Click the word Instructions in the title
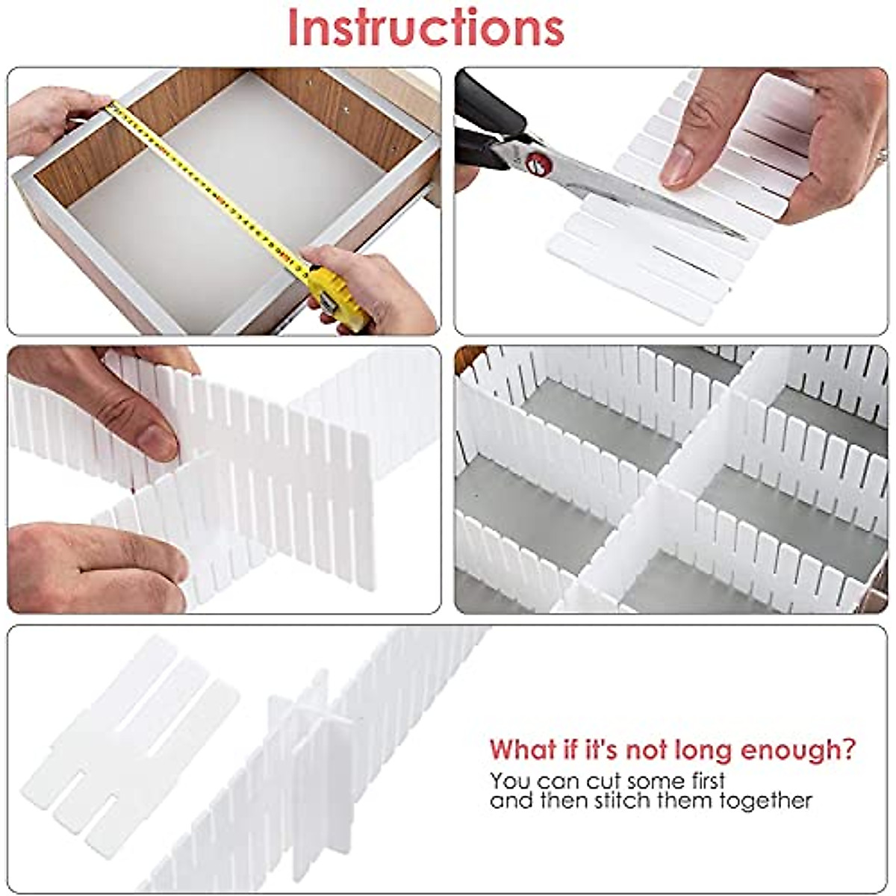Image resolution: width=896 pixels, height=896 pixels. tap(426, 28)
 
